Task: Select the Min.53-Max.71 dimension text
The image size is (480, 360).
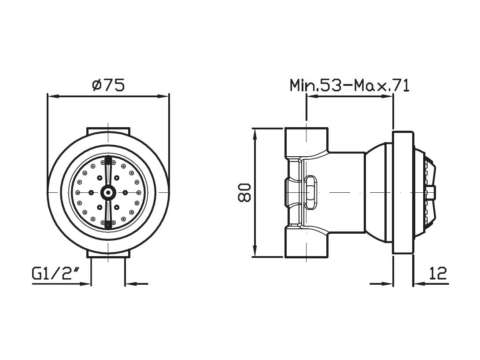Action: pyautogui.click(x=349, y=85)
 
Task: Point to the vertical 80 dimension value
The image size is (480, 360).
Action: pyautogui.click(x=244, y=193)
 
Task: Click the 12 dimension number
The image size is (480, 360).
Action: pyautogui.click(x=438, y=273)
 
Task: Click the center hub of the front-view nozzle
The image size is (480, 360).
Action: pyautogui.click(x=108, y=192)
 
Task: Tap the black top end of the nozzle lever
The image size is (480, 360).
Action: pyautogui.click(x=108, y=160)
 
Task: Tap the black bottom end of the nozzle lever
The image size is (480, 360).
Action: pyautogui.click(x=108, y=225)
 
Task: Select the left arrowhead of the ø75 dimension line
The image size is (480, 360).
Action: pyautogui.click(x=53, y=96)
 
